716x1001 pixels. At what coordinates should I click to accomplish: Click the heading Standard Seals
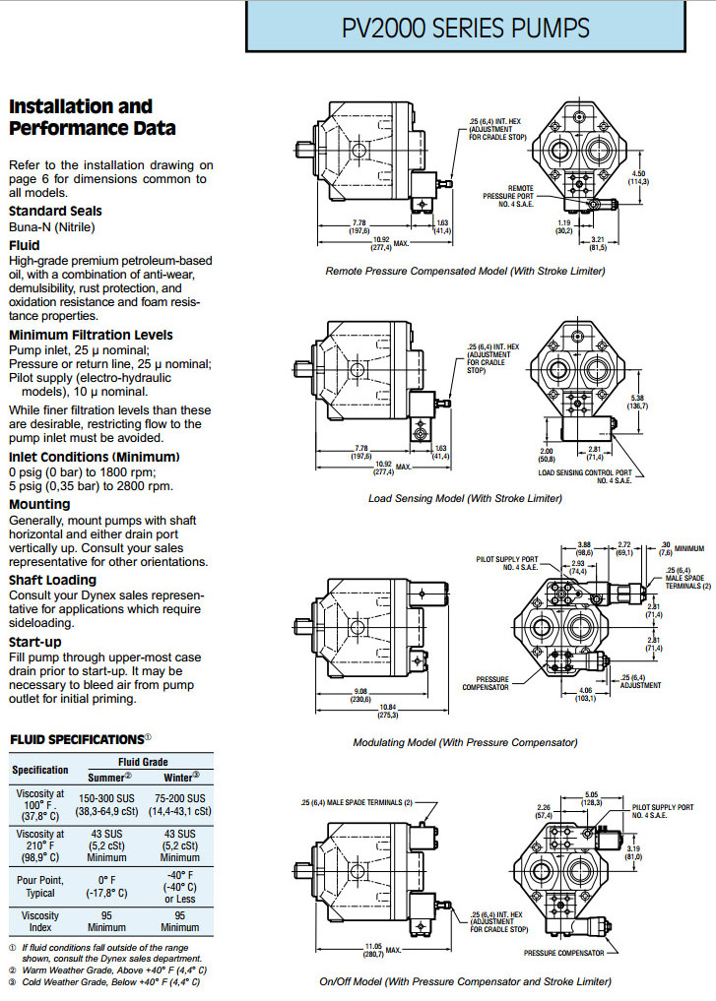click(x=55, y=211)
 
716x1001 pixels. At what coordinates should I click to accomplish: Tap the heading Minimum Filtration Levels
click(x=91, y=335)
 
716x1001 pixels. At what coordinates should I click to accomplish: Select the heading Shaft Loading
click(x=52, y=580)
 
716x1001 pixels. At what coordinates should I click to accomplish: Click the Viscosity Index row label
click(x=40, y=920)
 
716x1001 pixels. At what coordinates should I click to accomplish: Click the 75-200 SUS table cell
click(x=180, y=798)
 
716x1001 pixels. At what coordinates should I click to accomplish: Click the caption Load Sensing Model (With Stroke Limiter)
click(x=465, y=498)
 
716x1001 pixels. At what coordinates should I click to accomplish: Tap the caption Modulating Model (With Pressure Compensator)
click(x=465, y=742)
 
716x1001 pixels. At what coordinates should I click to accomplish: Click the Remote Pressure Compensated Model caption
click(x=465, y=270)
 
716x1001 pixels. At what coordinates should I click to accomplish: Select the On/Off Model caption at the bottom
click(x=465, y=981)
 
